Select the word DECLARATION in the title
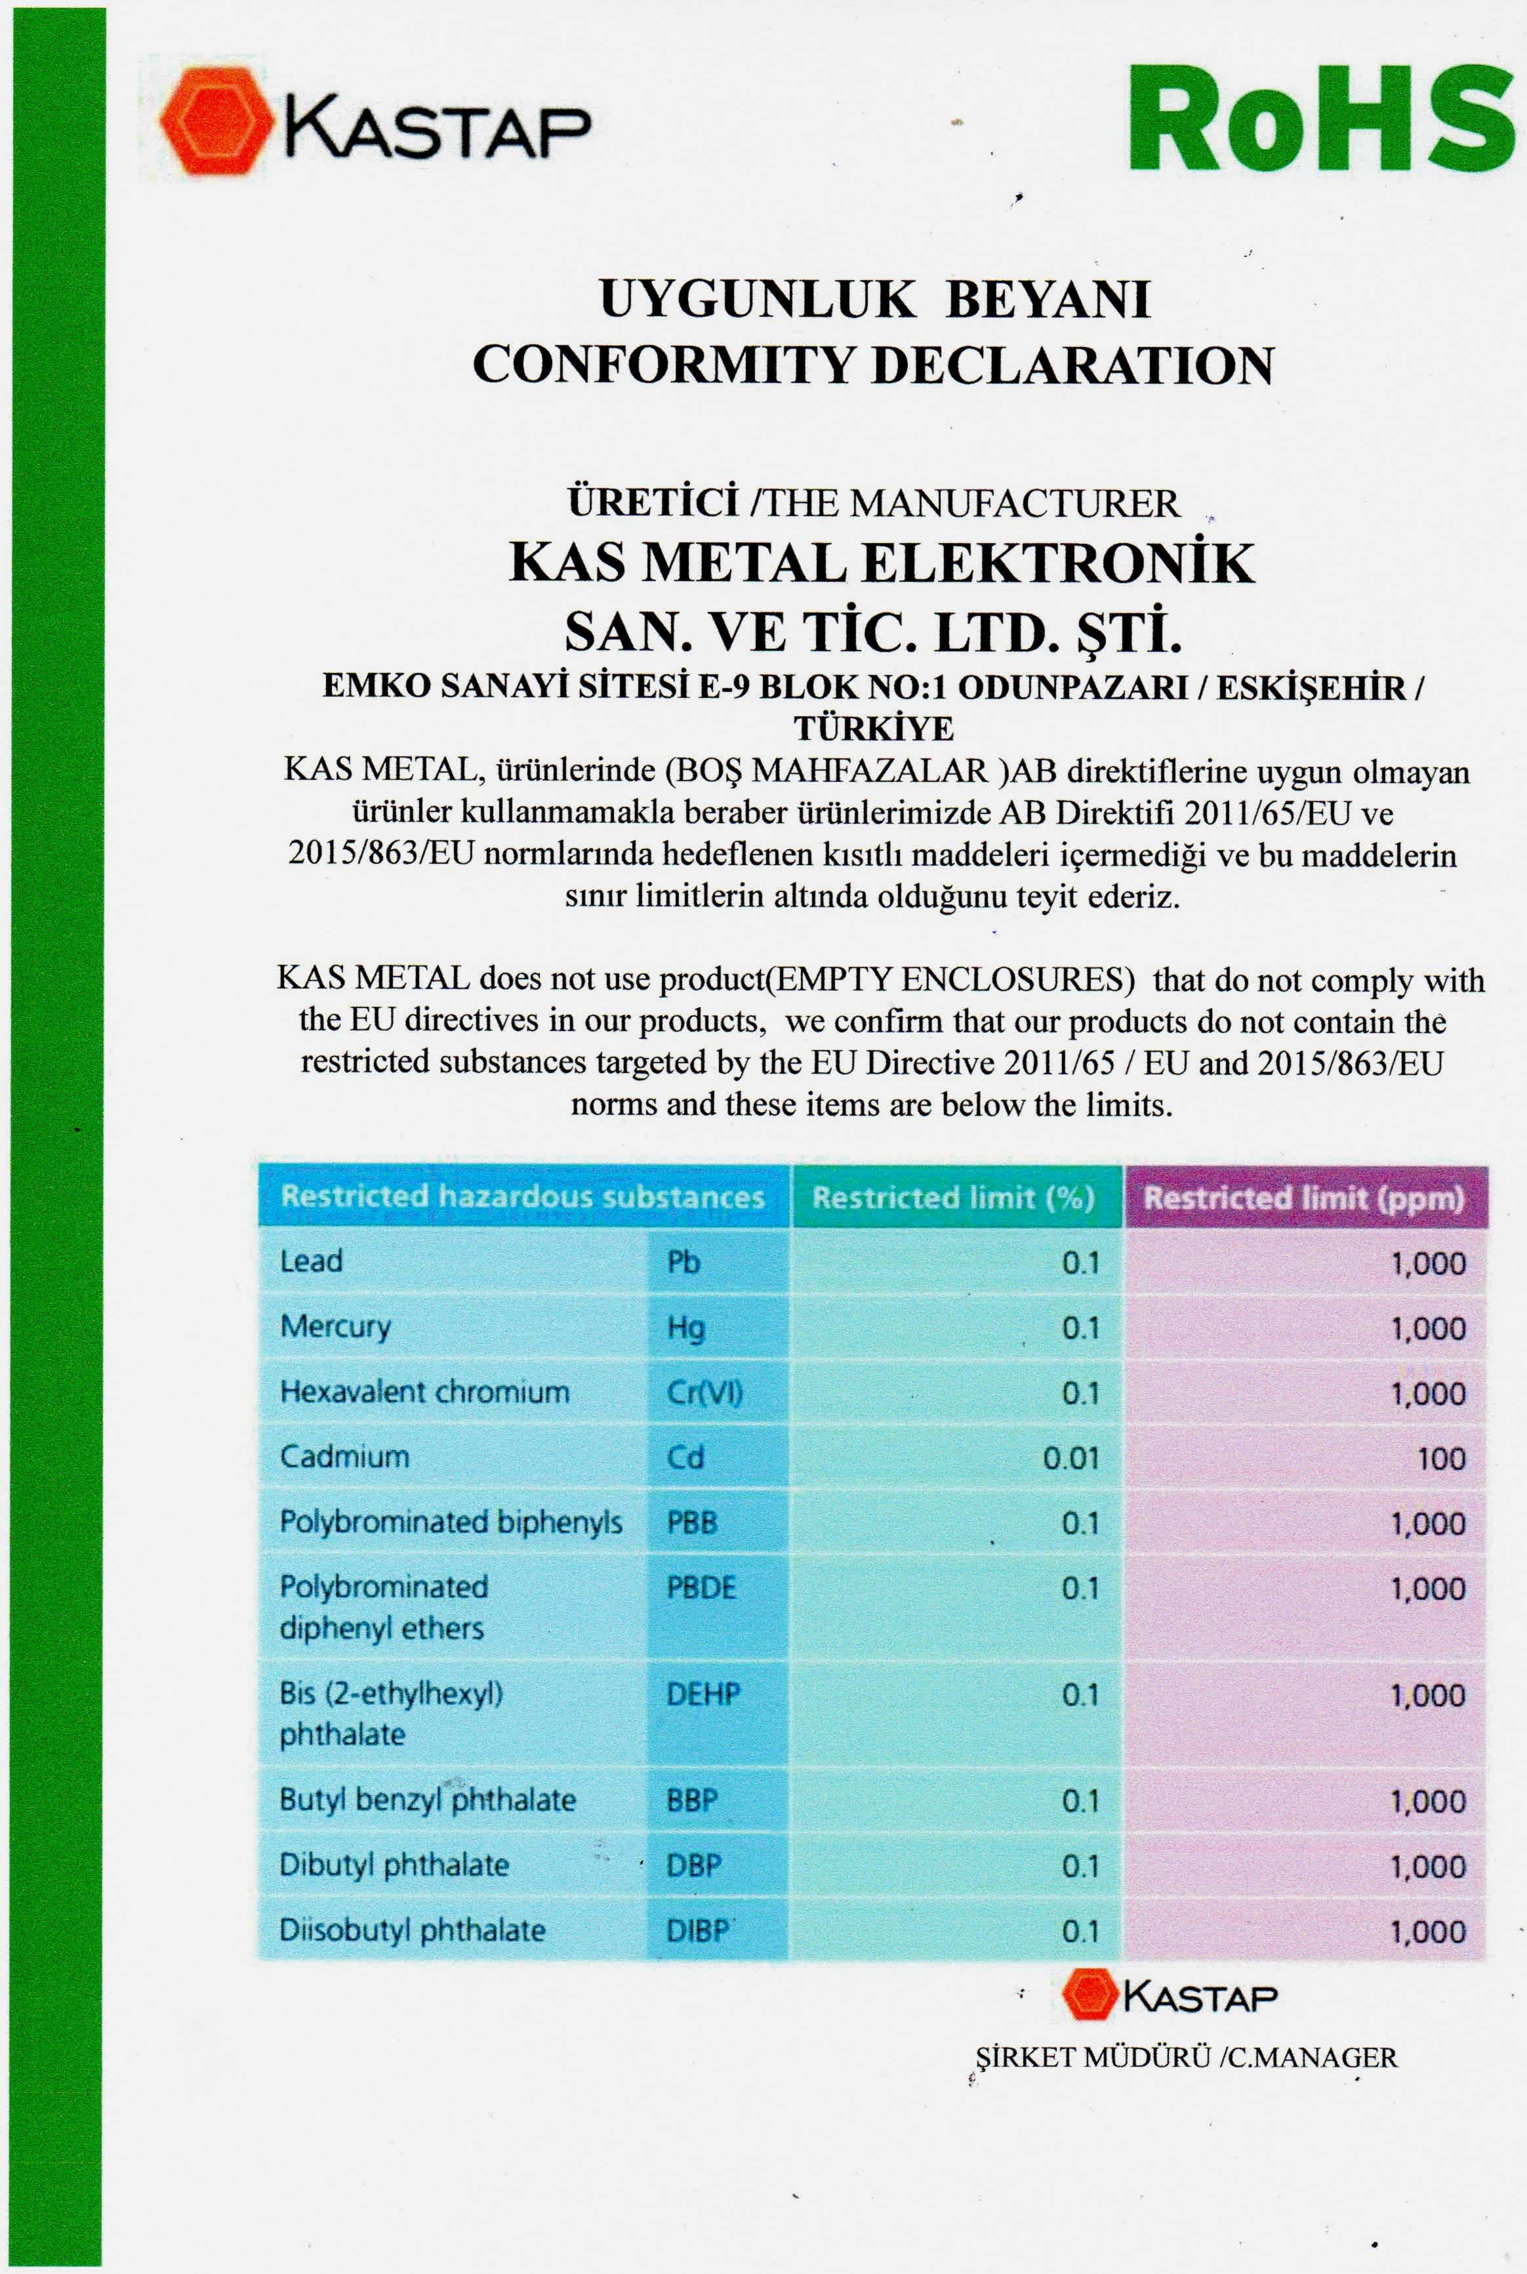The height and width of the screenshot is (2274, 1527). pyautogui.click(x=1072, y=365)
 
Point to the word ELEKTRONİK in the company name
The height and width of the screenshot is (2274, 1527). pyautogui.click(x=1059, y=564)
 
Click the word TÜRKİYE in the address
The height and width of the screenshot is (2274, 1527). pyautogui.click(x=874, y=729)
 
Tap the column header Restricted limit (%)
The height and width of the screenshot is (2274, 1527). pyautogui.click(x=954, y=1197)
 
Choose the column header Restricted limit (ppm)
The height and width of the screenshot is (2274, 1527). pyautogui.click(x=1303, y=1198)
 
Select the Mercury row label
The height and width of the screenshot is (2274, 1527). pyautogui.click(x=335, y=1326)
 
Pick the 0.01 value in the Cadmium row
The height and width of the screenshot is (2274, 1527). pyautogui.click(x=1070, y=1458)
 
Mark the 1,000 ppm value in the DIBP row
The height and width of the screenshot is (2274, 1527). pyautogui.click(x=1428, y=1931)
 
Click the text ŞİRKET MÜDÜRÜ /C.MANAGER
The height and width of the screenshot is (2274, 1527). pyautogui.click(x=1185, y=2058)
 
